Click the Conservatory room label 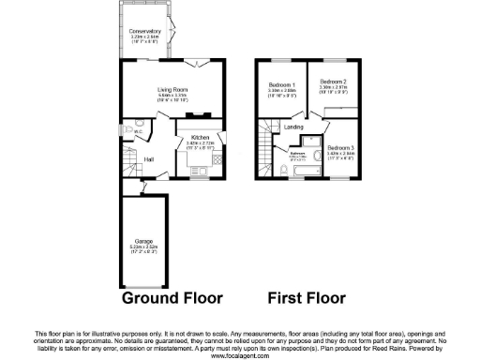click(145, 31)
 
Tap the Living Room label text click(172, 88)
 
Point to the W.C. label click(138, 132)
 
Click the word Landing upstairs click(293, 127)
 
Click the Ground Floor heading click(172, 299)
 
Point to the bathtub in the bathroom click(312, 161)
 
